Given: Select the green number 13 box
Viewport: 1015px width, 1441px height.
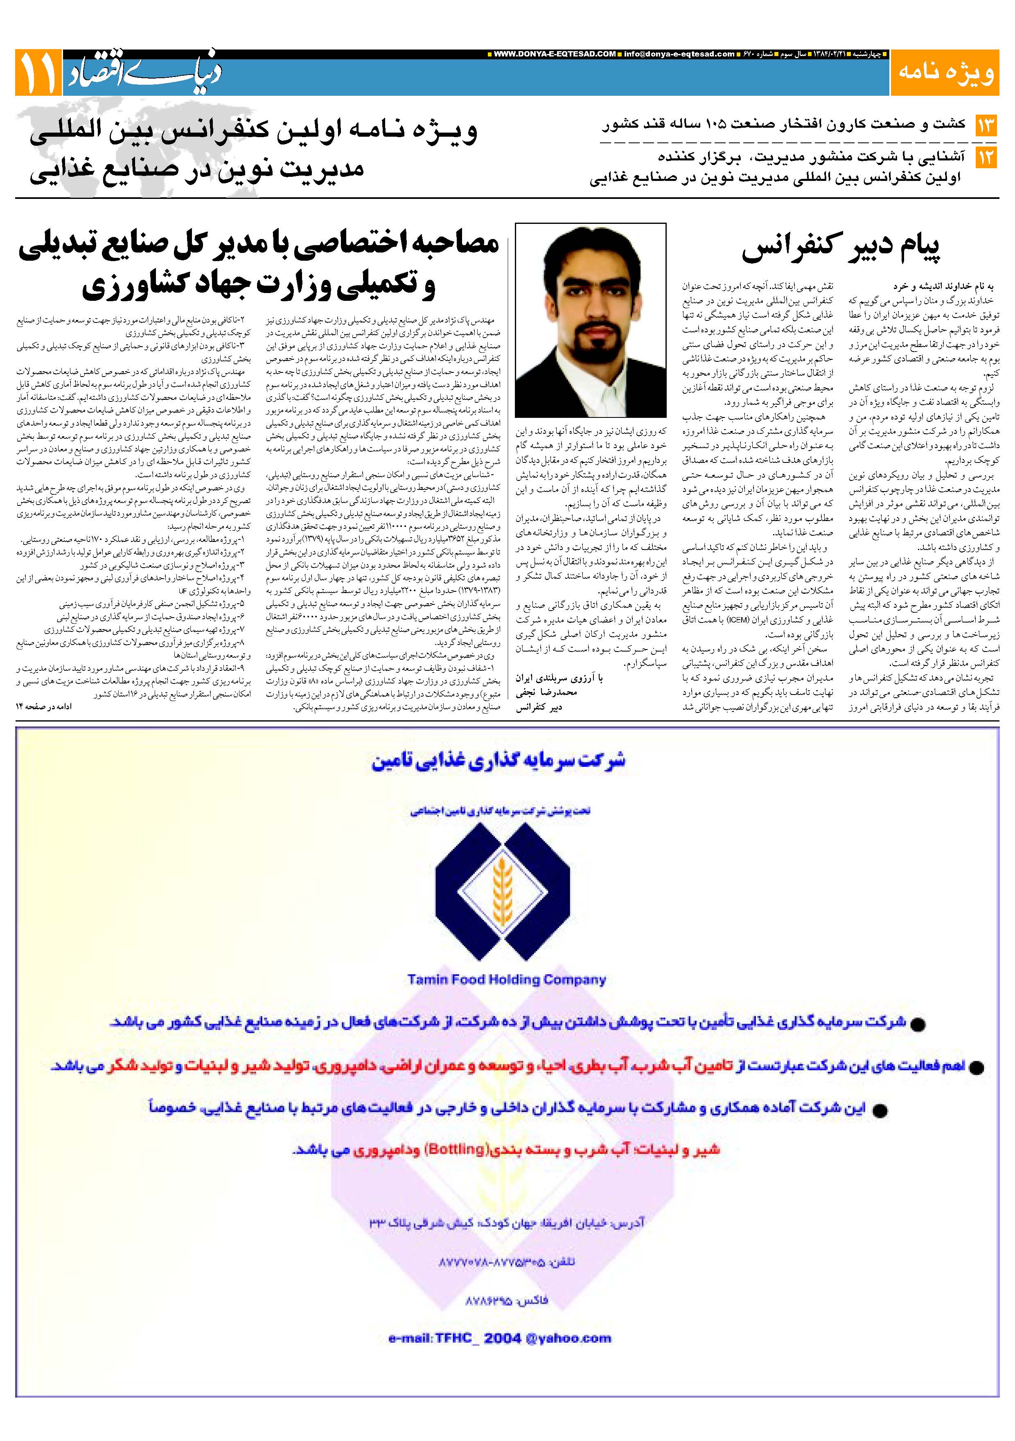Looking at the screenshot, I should point(986,126).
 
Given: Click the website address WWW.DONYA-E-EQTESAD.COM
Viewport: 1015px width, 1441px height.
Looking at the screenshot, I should point(555,54).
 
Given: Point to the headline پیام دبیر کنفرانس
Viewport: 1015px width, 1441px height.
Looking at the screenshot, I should point(841,248).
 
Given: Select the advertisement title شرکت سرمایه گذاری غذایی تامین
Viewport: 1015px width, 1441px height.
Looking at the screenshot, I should point(499,761).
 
